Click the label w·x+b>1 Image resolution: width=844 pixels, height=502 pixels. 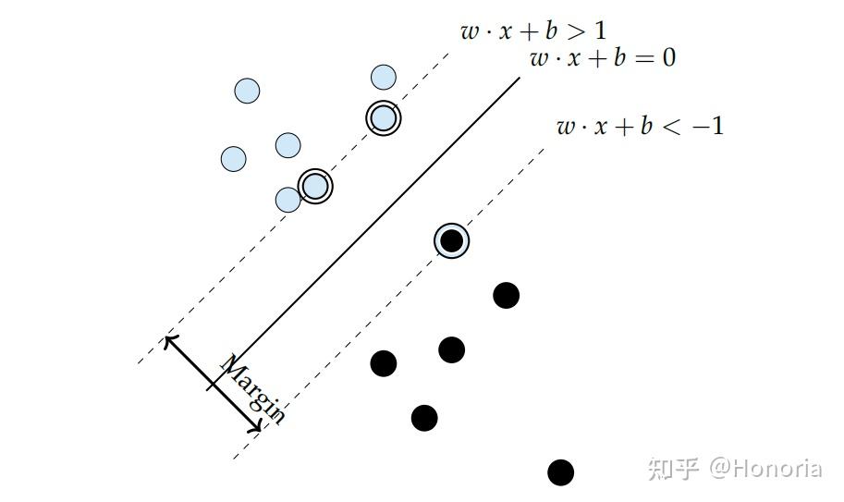(533, 31)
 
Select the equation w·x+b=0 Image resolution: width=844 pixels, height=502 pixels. (602, 59)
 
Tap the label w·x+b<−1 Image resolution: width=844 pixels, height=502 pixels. (640, 126)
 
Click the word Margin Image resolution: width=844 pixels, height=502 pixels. (251, 389)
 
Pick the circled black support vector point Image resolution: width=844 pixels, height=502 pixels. (451, 241)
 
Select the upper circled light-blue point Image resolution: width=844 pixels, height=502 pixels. (382, 118)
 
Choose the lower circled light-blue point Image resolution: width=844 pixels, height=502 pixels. (315, 186)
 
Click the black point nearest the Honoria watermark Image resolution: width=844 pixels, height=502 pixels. (560, 472)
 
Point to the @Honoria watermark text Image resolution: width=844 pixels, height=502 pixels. (764, 469)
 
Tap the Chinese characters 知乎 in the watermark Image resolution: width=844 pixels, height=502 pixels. (674, 469)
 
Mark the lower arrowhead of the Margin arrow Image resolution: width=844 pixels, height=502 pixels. (260, 430)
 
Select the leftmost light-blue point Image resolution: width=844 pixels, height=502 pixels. (234, 159)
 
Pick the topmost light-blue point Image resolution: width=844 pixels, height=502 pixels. (384, 77)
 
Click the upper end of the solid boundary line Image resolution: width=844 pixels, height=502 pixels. (519, 78)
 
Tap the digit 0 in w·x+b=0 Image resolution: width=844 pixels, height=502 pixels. (667, 59)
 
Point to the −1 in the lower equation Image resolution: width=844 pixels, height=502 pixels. (707, 126)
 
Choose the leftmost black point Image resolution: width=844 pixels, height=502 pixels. (384, 363)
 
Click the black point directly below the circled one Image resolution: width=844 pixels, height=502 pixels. (451, 349)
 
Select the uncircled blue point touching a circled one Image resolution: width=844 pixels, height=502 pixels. (288, 200)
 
